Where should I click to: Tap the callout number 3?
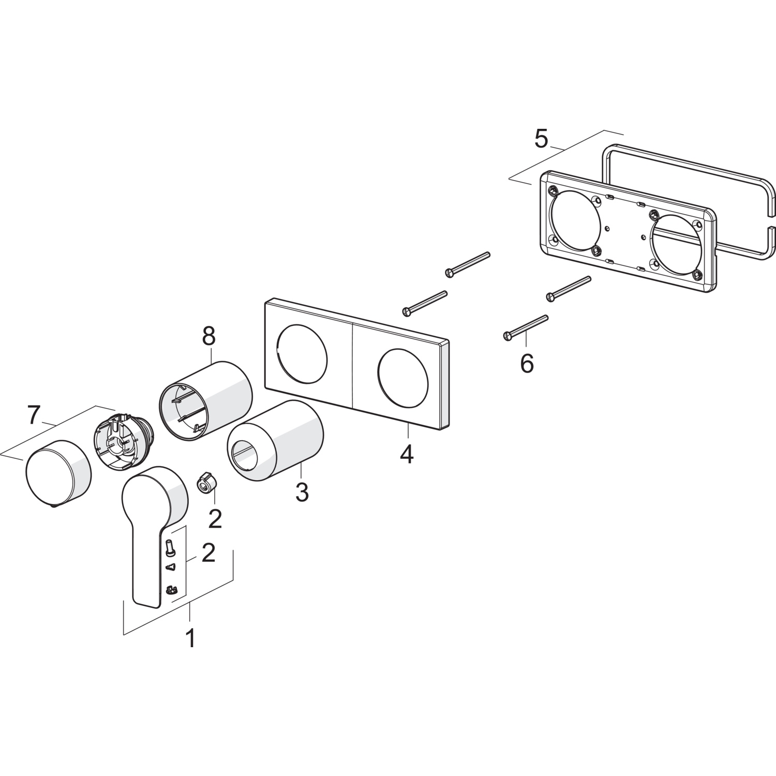pyautogui.click(x=302, y=492)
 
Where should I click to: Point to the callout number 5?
pyautogui.click(x=541, y=139)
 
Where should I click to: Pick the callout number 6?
pyautogui.click(x=527, y=364)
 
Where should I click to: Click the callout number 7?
pyautogui.click(x=34, y=415)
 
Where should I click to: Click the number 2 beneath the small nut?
pyautogui.click(x=215, y=519)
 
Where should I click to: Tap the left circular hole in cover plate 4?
pyautogui.click(x=303, y=354)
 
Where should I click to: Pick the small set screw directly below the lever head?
pyautogui.click(x=169, y=545)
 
